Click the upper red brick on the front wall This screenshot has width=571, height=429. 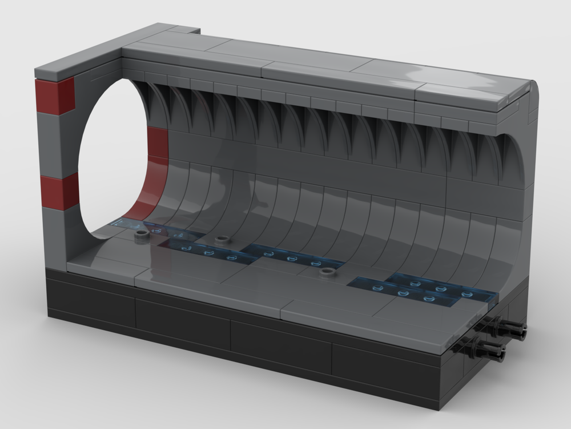[55, 96]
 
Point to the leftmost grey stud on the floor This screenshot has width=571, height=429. [139, 235]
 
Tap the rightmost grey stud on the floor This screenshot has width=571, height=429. [327, 272]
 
